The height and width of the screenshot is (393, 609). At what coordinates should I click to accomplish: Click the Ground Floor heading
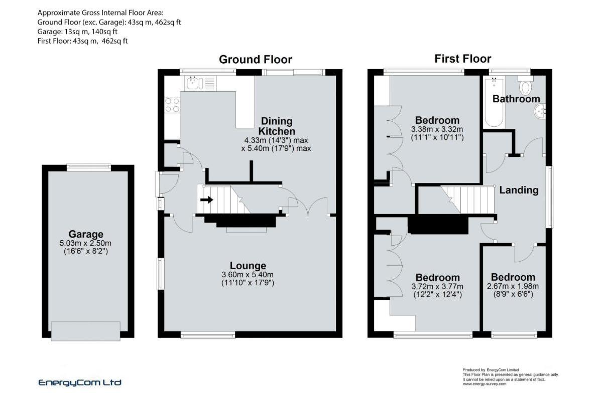pos(255,60)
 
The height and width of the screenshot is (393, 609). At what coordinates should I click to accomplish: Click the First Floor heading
pos(462,59)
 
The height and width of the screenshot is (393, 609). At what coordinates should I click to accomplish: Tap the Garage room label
pos(86,234)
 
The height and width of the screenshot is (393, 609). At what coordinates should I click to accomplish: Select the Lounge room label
pos(248,266)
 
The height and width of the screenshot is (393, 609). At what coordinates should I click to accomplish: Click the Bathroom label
pos(516,99)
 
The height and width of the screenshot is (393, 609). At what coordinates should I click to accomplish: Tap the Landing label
pos(519,190)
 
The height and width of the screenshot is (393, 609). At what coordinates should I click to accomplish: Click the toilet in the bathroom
pos(526,87)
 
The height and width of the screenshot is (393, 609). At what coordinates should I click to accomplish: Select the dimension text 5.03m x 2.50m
pos(86,243)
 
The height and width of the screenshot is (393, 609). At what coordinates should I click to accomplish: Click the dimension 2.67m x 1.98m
pos(513,287)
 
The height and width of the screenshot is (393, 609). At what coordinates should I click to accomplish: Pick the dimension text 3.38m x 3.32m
pos(437,129)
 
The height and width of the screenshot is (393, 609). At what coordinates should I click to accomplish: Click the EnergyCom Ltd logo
pos(80,382)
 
